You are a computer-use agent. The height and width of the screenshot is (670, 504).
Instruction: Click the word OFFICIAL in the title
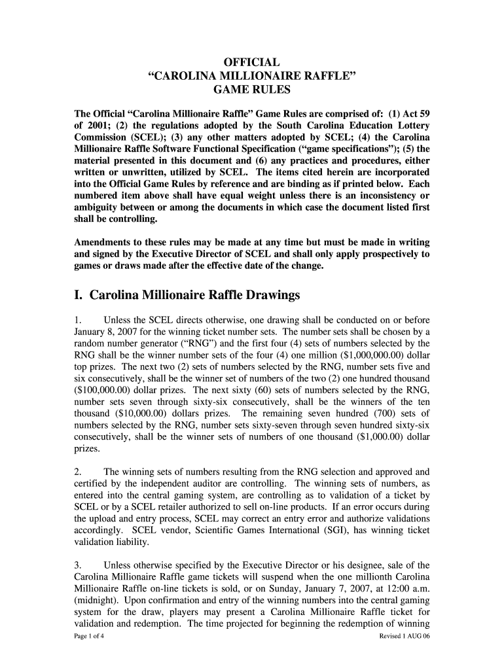pos(252,63)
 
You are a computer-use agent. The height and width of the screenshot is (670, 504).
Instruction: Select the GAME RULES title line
pos(252,90)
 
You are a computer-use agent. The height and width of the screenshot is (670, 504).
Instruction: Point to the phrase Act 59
pos(411,113)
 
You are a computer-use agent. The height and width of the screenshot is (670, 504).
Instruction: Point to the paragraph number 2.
pos(78,472)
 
